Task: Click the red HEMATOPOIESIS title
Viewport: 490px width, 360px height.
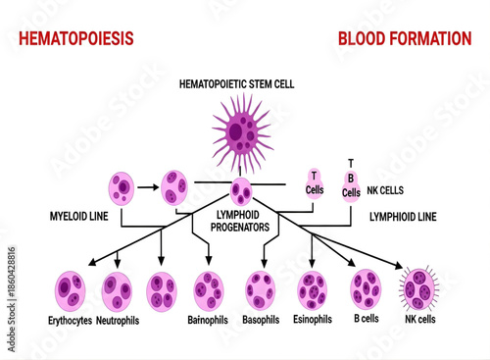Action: click(69, 38)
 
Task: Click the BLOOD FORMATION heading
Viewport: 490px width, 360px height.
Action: click(405, 38)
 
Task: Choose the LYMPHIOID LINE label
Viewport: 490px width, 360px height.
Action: click(402, 215)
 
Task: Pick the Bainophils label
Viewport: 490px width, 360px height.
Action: click(209, 320)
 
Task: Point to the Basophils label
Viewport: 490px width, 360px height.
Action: click(260, 320)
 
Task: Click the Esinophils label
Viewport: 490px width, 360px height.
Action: click(312, 320)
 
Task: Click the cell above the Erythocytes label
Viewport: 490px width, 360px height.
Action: click(72, 290)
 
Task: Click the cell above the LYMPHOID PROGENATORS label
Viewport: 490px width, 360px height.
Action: click(241, 190)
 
